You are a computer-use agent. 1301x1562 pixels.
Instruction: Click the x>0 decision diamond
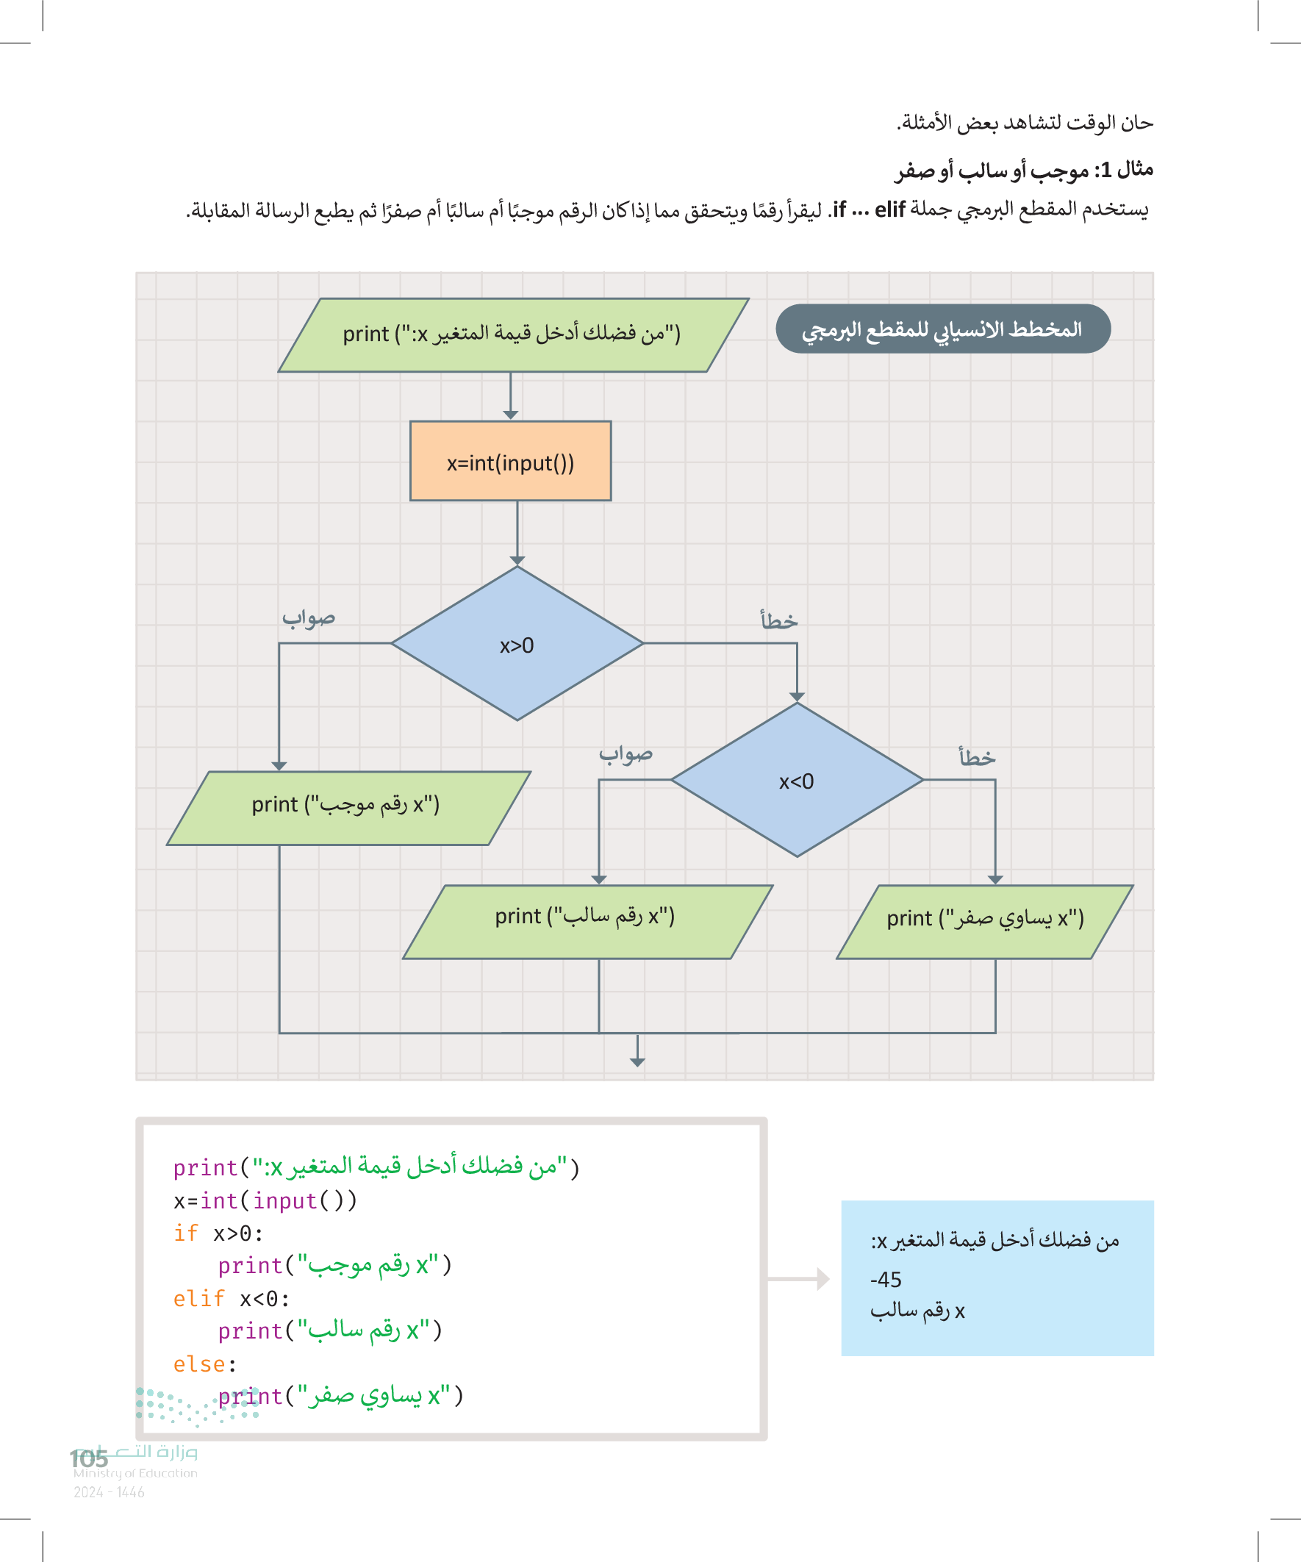click(517, 644)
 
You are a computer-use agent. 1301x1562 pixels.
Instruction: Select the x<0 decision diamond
click(797, 780)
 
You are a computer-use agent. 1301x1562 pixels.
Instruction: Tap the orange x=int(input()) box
click(510, 461)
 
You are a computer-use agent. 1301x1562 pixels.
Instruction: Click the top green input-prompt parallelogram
click(512, 334)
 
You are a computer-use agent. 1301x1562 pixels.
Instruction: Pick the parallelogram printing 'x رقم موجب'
click(348, 808)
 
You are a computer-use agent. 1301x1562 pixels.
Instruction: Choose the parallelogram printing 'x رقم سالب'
click(587, 921)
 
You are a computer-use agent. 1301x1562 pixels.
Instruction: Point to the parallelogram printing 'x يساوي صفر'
click(984, 921)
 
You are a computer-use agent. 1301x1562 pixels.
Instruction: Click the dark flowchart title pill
click(942, 329)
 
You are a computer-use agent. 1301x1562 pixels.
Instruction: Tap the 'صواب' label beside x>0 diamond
click(309, 618)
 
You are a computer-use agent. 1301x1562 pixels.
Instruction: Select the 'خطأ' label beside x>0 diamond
click(779, 620)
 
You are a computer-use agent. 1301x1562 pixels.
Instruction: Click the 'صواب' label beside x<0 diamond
click(626, 754)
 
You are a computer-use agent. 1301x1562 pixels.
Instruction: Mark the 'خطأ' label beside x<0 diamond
click(977, 757)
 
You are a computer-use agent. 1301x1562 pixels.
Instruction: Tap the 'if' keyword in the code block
click(186, 1234)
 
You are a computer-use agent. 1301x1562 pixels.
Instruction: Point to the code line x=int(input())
click(265, 1201)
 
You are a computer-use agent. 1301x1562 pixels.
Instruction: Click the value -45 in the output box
click(886, 1279)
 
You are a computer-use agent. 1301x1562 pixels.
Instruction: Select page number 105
click(89, 1458)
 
